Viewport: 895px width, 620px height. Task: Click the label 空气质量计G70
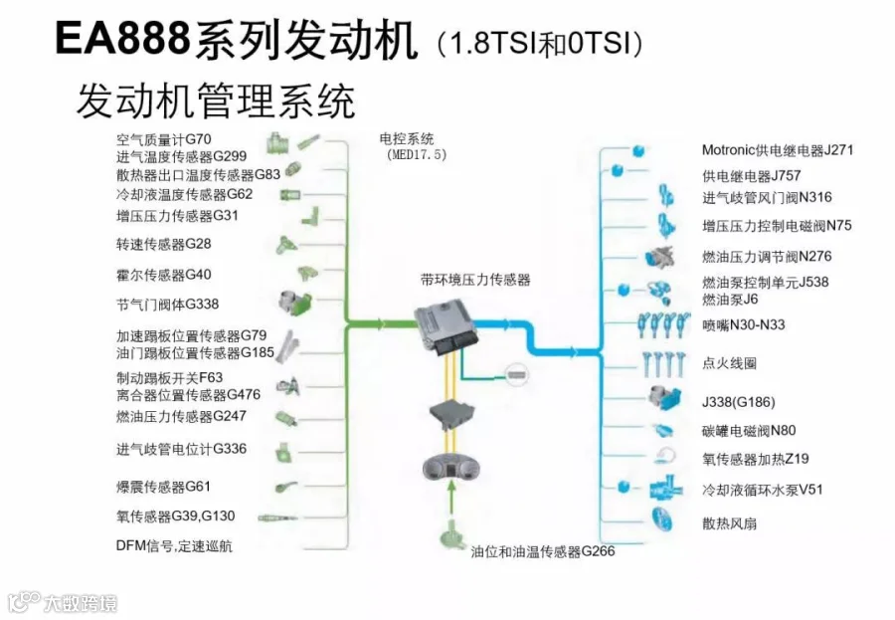[x=164, y=139]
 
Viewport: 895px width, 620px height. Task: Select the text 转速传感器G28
[x=163, y=244]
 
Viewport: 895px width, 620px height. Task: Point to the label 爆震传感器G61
[x=163, y=487]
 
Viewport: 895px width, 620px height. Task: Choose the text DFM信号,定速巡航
[x=174, y=545]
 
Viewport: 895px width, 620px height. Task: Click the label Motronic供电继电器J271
[x=778, y=151]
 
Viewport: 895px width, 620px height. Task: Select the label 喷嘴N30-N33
[x=743, y=324]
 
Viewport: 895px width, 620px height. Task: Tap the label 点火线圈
[x=729, y=363]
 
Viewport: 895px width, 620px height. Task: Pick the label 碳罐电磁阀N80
[x=749, y=431]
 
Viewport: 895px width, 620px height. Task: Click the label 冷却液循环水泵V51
[x=763, y=490]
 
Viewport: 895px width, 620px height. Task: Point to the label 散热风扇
[x=729, y=522]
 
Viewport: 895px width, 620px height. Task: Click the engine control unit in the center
[x=447, y=325]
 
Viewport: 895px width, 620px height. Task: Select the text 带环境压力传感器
[x=474, y=281]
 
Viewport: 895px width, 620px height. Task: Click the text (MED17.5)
[x=417, y=155]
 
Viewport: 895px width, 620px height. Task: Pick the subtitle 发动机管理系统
[x=215, y=101]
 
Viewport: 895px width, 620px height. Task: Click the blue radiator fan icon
[x=666, y=519]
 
